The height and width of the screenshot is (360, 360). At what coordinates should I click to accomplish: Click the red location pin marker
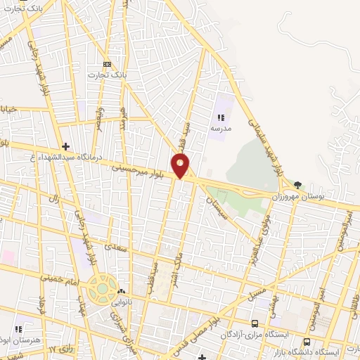pyautogui.click(x=181, y=165)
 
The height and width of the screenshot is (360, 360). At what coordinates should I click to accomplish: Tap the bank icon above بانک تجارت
pyautogui.click(x=107, y=63)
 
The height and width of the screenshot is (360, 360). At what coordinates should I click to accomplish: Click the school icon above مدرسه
pyautogui.click(x=221, y=118)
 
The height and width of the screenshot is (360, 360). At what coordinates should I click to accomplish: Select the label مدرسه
pyautogui.click(x=221, y=129)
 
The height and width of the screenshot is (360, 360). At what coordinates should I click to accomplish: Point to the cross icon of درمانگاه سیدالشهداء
pyautogui.click(x=65, y=146)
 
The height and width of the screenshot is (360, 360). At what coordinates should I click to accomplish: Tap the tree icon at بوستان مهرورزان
pyautogui.click(x=297, y=184)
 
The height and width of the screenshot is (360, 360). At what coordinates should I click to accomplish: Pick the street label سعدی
pyautogui.click(x=112, y=246)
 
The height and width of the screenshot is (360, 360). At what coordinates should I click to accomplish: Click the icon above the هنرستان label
pyautogui.click(x=19, y=328)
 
